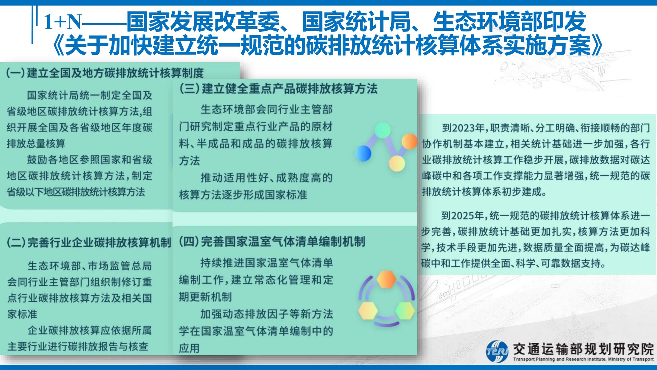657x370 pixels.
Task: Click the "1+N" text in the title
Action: point(63,22)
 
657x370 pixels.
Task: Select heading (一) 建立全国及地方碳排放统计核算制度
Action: point(105,73)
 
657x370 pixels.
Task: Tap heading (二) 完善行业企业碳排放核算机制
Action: point(89,243)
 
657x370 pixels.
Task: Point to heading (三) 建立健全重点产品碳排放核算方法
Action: point(278,89)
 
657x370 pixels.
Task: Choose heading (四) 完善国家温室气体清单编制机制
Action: point(272,241)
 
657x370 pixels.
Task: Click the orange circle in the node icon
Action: point(409,142)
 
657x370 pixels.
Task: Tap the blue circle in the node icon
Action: point(363,153)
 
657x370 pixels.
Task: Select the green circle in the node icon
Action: point(383,130)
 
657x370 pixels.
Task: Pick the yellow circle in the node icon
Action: point(397,163)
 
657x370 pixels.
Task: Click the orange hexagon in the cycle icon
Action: point(387,279)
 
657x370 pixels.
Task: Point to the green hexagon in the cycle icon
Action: point(405,310)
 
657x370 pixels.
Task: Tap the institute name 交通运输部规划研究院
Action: point(583,349)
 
